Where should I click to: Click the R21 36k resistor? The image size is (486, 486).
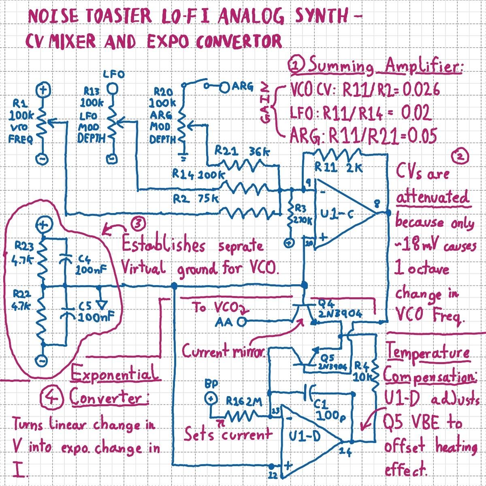(x=243, y=164)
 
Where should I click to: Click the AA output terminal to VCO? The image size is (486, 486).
(x=242, y=322)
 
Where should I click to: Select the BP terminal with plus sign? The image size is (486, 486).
(x=211, y=399)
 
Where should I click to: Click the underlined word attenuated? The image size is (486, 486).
(x=433, y=198)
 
